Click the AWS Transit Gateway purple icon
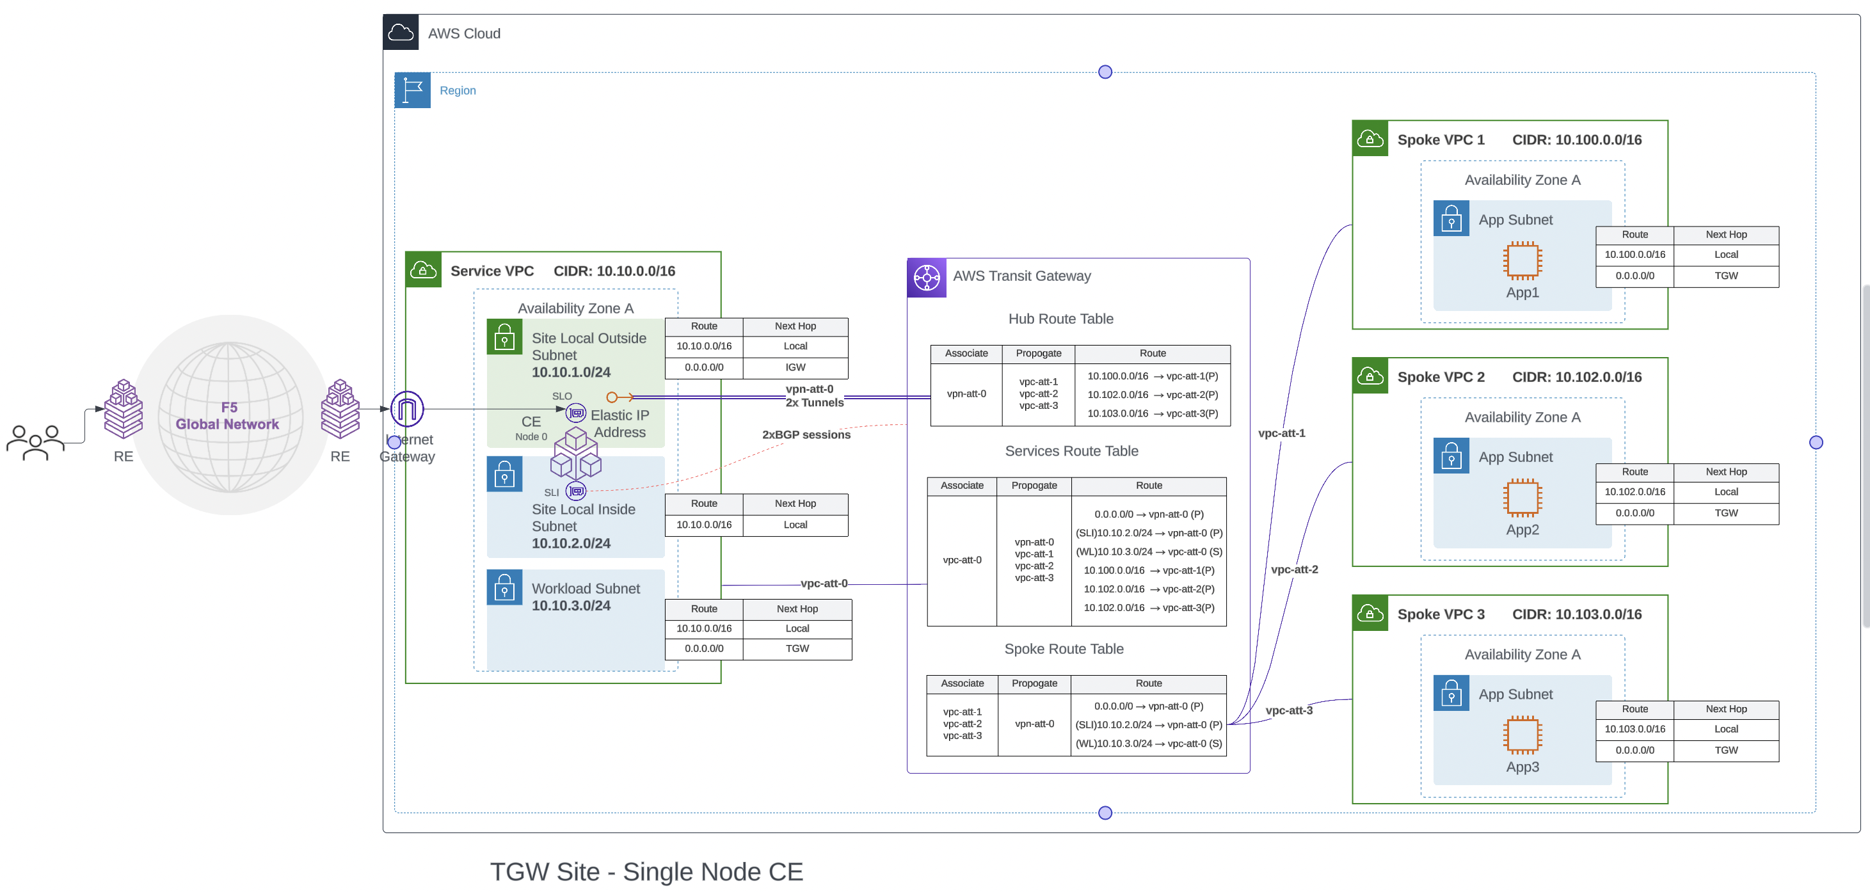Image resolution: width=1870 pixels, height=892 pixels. click(926, 278)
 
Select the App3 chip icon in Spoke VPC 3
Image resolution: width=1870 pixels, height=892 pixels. click(1522, 735)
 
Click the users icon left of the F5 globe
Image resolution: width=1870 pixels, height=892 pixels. click(35, 442)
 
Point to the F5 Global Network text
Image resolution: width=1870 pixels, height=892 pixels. click(227, 416)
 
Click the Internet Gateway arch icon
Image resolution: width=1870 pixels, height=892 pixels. click(407, 410)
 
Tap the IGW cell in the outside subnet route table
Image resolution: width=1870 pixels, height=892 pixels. click(795, 367)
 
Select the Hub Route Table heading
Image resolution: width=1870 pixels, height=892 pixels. click(1060, 319)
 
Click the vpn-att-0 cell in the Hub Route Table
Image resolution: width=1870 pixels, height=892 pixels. click(966, 394)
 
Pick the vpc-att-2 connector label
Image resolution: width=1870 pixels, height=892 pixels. click(1293, 569)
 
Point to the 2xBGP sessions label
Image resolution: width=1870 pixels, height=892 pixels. click(806, 434)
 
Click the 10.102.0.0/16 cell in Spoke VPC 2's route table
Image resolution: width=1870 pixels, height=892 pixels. click(1634, 492)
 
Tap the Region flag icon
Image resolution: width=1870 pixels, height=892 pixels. click(412, 91)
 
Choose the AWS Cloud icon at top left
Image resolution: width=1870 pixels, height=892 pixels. click(401, 33)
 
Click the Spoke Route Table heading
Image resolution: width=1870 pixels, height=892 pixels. click(1063, 649)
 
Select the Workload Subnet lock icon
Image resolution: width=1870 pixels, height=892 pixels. click(504, 588)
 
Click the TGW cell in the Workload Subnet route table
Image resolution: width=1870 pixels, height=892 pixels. click(796, 649)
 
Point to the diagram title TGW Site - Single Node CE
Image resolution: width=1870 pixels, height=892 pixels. click(646, 872)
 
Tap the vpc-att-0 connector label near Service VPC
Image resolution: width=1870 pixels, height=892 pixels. click(823, 584)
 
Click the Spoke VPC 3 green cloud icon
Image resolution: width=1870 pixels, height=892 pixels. click(1369, 614)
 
